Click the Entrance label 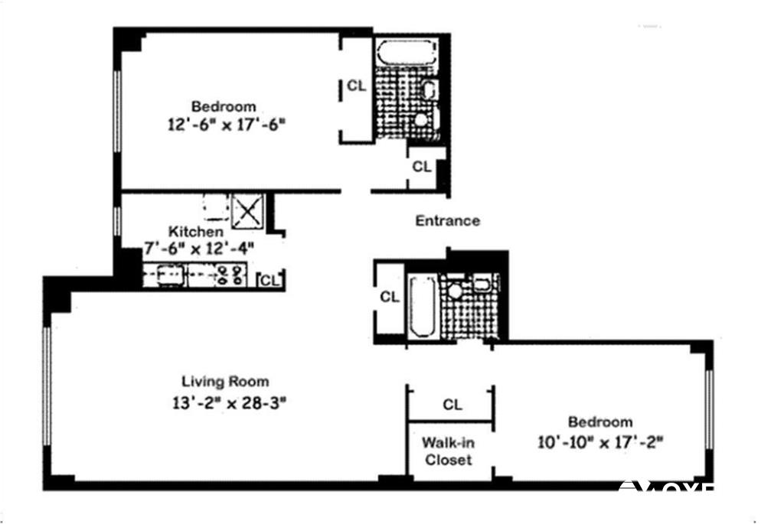[x=447, y=221]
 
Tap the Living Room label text [x=225, y=381]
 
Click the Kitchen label [x=197, y=231]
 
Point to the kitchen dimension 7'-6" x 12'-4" [x=198, y=248]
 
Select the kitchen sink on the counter [x=169, y=275]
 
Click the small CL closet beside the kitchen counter [x=270, y=280]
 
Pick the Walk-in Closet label [x=449, y=451]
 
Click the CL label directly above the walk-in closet [x=452, y=405]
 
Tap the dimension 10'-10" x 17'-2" [x=599, y=441]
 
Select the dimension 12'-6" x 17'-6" [x=223, y=125]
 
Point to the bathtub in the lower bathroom [x=423, y=306]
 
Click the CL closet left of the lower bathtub [x=390, y=298]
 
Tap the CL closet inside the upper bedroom [x=356, y=86]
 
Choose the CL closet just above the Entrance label [x=421, y=166]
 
